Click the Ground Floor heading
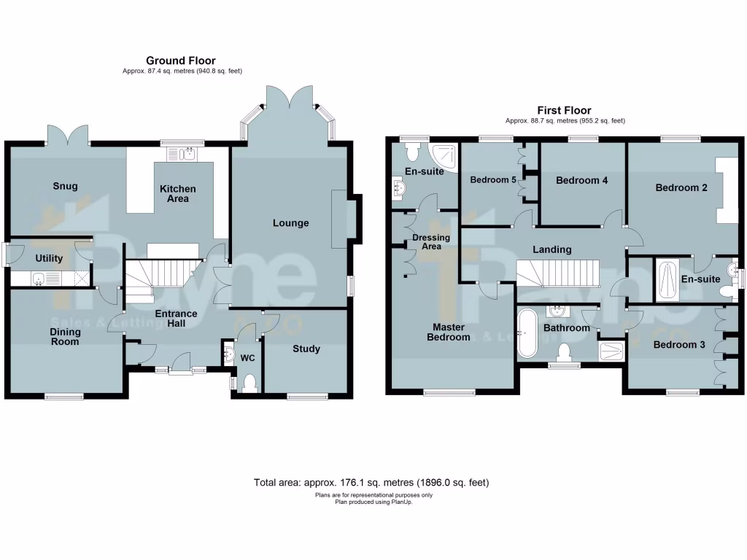coord(180,61)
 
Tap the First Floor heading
coord(564,110)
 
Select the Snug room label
coord(65,186)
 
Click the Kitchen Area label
coord(178,193)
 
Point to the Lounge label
coord(290,223)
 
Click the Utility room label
coord(49,258)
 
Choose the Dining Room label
coord(65,337)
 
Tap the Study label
coord(306,349)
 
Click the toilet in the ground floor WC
coord(249,381)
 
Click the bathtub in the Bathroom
coord(527,333)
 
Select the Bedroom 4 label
coord(581,180)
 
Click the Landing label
coord(551,249)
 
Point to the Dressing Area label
coord(431,242)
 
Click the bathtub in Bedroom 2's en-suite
coord(667,280)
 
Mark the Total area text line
coord(371,483)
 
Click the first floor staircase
coord(557,273)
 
